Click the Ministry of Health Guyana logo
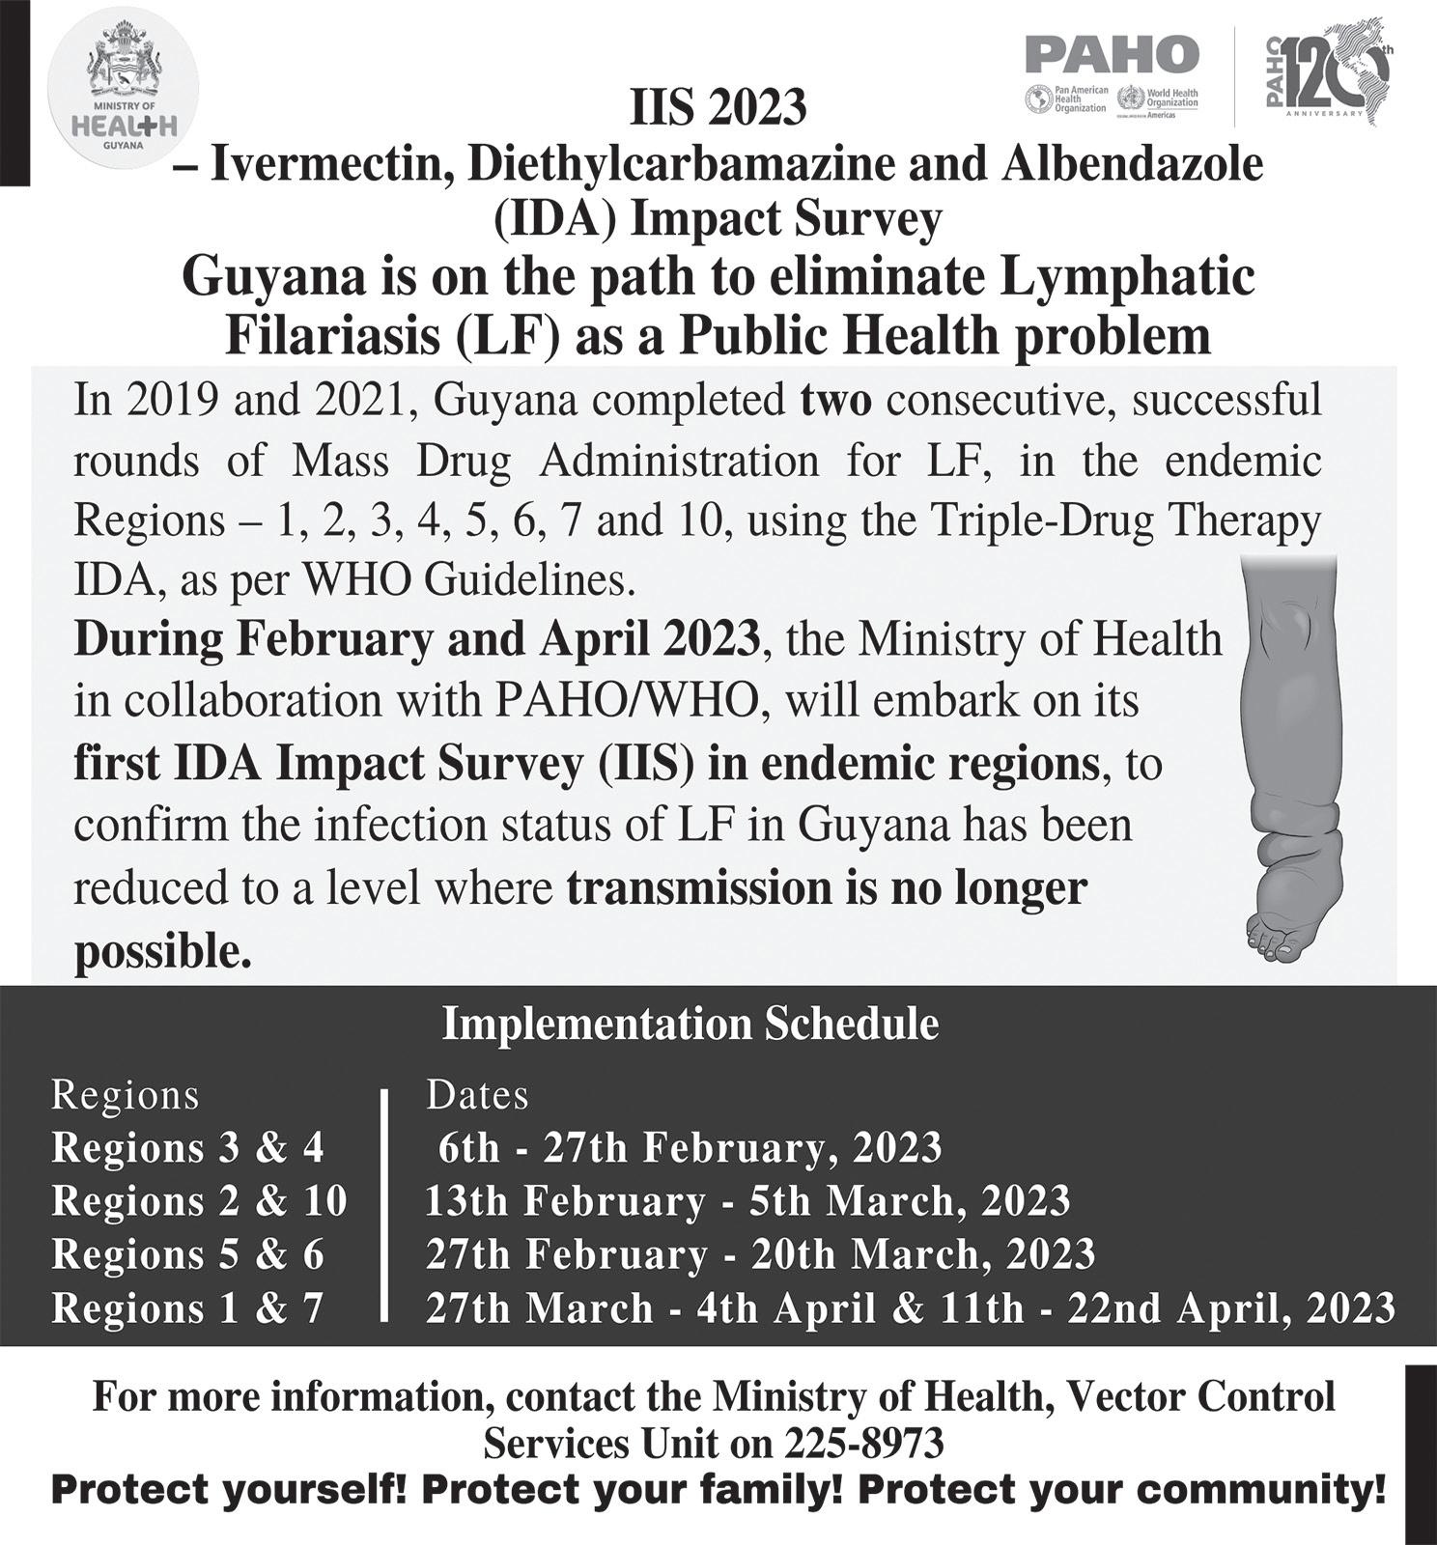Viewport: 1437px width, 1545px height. (x=123, y=94)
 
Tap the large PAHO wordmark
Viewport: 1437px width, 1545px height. (x=1112, y=54)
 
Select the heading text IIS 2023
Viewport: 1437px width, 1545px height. (x=718, y=107)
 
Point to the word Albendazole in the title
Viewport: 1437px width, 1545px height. (x=1131, y=164)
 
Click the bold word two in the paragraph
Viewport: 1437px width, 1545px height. (x=835, y=400)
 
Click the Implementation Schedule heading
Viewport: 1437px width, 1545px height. (x=690, y=1024)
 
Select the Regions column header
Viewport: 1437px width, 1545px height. (x=125, y=1095)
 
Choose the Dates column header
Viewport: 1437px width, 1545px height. (x=477, y=1095)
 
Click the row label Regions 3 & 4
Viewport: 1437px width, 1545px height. (x=187, y=1148)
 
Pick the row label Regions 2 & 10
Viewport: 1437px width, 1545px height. (x=199, y=1201)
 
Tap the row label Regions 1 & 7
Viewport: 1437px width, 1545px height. (x=187, y=1308)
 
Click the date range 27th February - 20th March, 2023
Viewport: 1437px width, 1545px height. (x=760, y=1254)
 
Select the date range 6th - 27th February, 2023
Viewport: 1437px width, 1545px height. (x=690, y=1148)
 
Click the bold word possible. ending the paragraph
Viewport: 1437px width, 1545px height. (x=162, y=952)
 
